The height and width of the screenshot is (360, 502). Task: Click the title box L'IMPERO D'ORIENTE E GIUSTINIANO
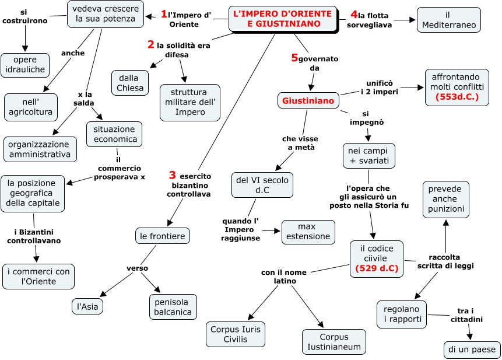click(x=283, y=19)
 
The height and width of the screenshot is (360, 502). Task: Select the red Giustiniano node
click(x=308, y=101)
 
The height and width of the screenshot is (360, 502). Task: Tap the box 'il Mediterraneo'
click(x=448, y=19)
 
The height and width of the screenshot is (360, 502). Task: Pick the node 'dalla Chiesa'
click(x=130, y=82)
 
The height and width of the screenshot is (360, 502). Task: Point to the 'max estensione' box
click(x=308, y=232)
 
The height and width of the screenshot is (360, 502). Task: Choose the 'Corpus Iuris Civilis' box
click(x=236, y=334)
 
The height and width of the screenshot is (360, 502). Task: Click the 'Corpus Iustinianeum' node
click(x=334, y=342)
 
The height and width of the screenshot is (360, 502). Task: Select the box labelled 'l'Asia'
click(x=87, y=305)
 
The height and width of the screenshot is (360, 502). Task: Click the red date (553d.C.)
click(x=457, y=97)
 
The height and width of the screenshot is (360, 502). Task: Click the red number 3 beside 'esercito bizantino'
click(x=172, y=175)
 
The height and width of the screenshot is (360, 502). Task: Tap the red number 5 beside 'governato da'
click(x=294, y=57)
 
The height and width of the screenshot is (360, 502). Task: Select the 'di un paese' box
click(x=472, y=349)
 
